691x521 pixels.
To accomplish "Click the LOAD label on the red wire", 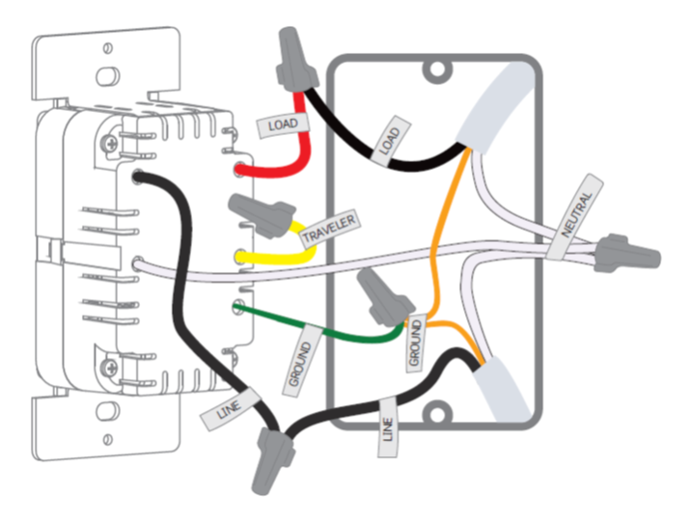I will click(x=283, y=124).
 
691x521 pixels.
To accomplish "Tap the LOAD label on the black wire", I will click(x=390, y=139).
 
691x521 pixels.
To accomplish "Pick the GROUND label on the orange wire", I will click(x=415, y=342).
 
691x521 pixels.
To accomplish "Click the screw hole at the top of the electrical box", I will click(x=439, y=70).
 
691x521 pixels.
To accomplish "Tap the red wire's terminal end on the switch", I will click(x=238, y=171).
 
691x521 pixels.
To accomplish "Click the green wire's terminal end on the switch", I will click(x=237, y=308).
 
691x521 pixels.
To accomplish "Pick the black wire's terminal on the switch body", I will click(x=139, y=178).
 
